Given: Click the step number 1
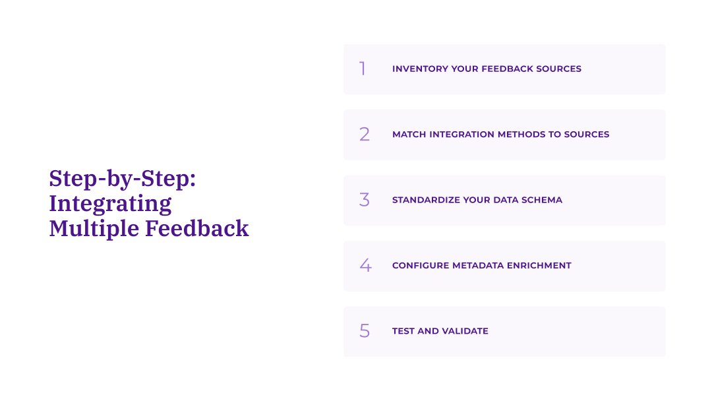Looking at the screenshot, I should (x=362, y=69).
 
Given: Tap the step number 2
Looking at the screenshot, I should (x=365, y=135).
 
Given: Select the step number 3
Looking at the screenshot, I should (x=365, y=200).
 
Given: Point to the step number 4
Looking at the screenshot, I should (x=365, y=265).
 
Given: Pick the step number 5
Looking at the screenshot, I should (x=365, y=331).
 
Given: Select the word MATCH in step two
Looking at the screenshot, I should (x=409, y=135).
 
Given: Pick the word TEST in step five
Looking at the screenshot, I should (x=403, y=331).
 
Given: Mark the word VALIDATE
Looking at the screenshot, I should (x=464, y=331).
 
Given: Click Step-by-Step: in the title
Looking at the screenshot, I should (x=123, y=179).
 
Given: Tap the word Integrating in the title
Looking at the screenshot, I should (x=110, y=203).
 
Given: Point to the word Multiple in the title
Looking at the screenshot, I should (x=94, y=228).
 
